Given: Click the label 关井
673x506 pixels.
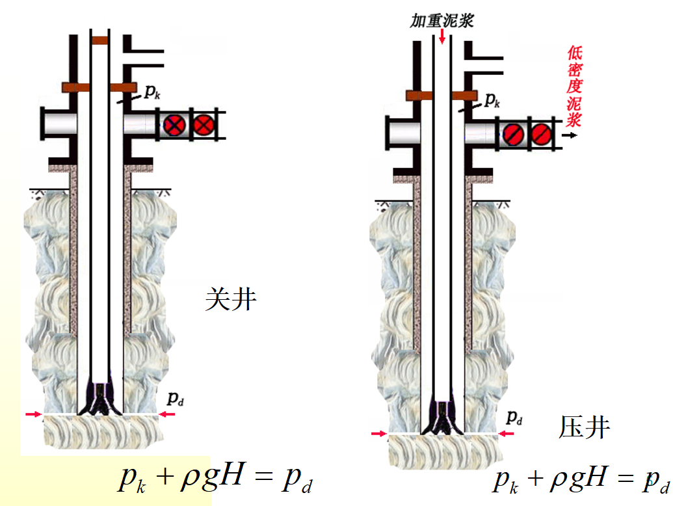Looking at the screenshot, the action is (231, 299).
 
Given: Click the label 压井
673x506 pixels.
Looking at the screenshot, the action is (584, 427).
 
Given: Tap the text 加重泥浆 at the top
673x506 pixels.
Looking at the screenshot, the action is (442, 21).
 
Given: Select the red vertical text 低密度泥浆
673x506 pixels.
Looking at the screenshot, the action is (574, 87).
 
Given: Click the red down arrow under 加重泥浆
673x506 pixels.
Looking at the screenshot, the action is (442, 36).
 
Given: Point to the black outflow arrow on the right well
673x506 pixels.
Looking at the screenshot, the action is (570, 135).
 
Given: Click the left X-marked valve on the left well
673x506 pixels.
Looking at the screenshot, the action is (174, 126).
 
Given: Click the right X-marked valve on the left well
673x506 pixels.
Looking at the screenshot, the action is (204, 126).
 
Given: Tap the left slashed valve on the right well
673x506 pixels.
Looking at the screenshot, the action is (513, 135).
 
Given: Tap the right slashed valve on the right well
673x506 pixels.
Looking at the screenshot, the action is (542, 135).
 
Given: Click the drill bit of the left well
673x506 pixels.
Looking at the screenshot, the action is (100, 398).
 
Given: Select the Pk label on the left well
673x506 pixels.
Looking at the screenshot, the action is (152, 92).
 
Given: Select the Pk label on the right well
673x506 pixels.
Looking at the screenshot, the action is (492, 100).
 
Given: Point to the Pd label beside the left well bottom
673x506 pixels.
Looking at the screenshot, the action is (175, 399).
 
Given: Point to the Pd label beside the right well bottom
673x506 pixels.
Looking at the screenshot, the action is (514, 417).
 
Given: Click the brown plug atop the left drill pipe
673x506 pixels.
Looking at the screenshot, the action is (100, 41).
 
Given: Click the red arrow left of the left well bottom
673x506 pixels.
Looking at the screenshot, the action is (33, 414).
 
